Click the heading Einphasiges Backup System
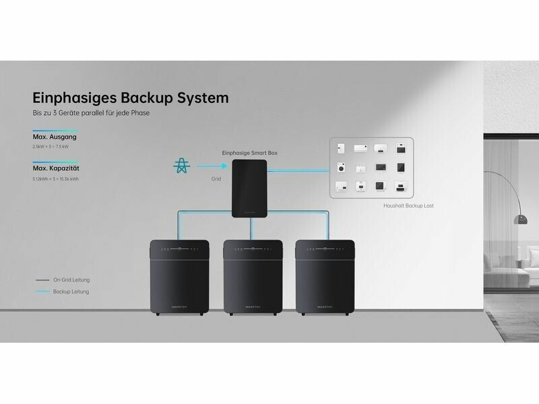pos(131,98)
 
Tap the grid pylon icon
pos(181,166)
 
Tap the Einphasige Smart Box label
pos(249,154)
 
